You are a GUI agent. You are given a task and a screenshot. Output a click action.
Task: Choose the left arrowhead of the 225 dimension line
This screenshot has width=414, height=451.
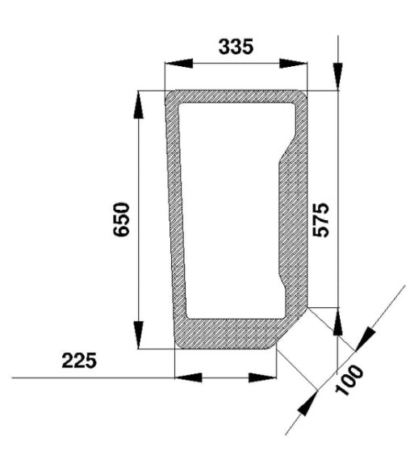click(186, 377)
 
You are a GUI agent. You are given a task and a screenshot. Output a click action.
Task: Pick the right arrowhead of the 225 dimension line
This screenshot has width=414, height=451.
click(264, 377)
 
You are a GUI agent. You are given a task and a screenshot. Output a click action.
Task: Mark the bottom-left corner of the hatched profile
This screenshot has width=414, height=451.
click(179, 342)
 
